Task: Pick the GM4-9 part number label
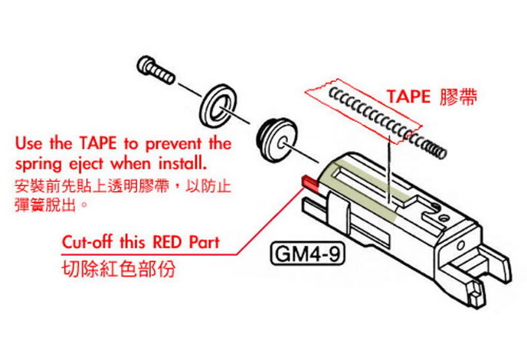(x=306, y=254)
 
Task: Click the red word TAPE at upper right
(x=410, y=97)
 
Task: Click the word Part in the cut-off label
(x=203, y=242)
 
